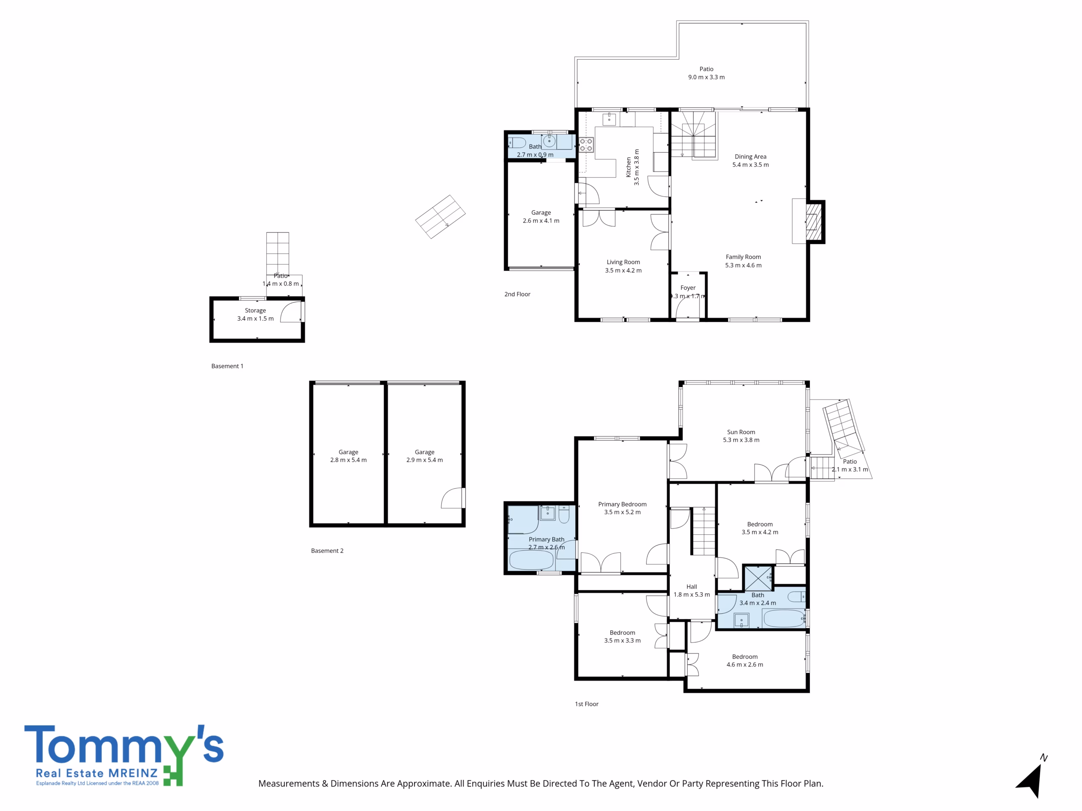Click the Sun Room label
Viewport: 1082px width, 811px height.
tap(740, 432)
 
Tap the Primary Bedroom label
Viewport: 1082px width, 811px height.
tap(622, 504)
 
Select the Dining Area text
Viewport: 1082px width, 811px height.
tap(750, 156)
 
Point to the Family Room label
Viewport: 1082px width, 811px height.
tap(743, 257)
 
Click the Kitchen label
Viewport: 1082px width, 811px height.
tap(628, 167)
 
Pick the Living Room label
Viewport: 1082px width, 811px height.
tap(623, 262)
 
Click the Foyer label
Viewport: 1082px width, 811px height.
tap(688, 288)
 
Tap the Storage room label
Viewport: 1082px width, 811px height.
tap(255, 310)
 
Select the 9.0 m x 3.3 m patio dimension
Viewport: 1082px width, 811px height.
tap(706, 77)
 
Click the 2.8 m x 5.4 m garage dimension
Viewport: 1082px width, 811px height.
tap(348, 460)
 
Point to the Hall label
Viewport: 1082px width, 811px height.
tap(691, 587)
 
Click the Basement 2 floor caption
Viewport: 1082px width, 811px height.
tap(327, 550)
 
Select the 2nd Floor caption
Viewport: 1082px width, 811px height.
tap(517, 294)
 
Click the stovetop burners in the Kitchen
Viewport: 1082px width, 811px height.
tap(586, 145)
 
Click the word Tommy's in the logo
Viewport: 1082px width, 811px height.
tap(124, 745)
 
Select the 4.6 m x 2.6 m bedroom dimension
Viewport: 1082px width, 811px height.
tap(744, 665)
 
